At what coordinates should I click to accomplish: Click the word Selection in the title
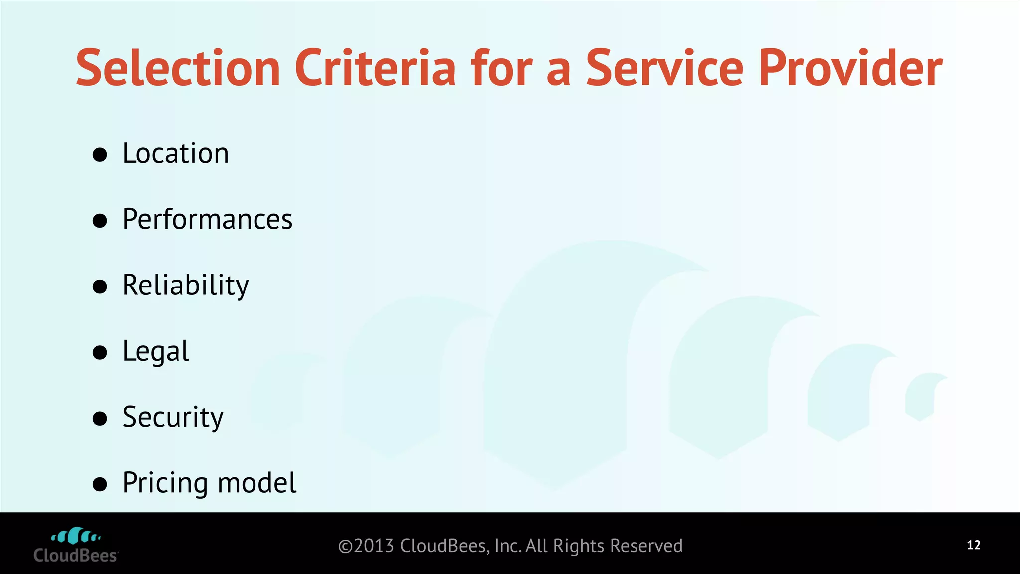tap(178, 68)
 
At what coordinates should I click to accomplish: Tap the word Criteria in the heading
tap(375, 68)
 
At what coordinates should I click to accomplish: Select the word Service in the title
tap(664, 68)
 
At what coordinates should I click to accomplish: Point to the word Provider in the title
tap(850, 68)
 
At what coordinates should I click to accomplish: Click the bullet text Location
tap(175, 153)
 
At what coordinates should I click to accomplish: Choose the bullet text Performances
tap(207, 219)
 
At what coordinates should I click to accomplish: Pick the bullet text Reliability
tap(185, 285)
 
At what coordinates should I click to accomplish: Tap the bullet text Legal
tap(155, 351)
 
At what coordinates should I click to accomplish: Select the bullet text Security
tap(173, 417)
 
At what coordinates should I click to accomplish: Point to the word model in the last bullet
tap(257, 483)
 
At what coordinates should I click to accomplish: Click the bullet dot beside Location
tap(100, 155)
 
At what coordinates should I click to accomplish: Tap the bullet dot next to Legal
tap(100, 353)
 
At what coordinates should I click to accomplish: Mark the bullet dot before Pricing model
tap(100, 484)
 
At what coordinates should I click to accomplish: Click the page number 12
tap(973, 545)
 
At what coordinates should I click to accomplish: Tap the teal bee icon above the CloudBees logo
tap(76, 536)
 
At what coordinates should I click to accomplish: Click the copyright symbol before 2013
tap(345, 547)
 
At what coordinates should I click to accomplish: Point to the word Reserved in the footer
tap(646, 546)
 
